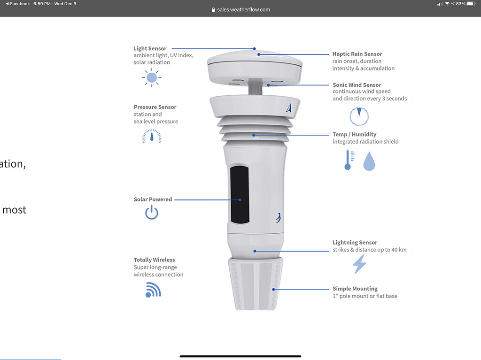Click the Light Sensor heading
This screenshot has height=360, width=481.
click(150, 48)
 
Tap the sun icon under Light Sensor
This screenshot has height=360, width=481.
click(152, 77)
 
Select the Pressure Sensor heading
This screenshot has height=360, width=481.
click(155, 107)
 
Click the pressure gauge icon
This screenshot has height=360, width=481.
click(152, 136)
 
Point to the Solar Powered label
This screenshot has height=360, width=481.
click(153, 199)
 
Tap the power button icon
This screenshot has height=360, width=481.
click(152, 213)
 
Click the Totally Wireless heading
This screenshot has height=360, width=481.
click(154, 260)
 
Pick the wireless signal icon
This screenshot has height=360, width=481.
click(153, 290)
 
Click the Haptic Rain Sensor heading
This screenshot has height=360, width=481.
click(357, 54)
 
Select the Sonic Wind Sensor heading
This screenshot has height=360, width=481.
click(357, 85)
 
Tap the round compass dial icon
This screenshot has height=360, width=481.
click(359, 116)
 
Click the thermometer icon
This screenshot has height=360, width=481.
click(349, 160)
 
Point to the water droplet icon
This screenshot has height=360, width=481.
click(369, 161)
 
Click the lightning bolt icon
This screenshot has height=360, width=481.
click(359, 264)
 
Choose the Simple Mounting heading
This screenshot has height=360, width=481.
click(355, 289)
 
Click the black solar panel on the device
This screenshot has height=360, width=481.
click(240, 195)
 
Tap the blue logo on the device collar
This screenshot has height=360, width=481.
click(289, 107)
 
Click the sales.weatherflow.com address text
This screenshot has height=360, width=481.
click(244, 9)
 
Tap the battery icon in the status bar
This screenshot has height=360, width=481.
click(471, 4)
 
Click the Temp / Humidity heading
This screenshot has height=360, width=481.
click(354, 134)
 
